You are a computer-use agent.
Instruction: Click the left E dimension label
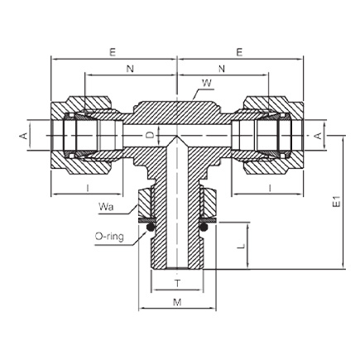pos(113,52)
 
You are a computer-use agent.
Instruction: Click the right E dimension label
pos(239,52)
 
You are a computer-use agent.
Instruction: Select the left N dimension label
pos(130,69)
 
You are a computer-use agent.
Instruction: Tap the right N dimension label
pos(222,69)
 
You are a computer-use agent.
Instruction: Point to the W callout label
pos(208,83)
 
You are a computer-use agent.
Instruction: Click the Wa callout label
pos(106,207)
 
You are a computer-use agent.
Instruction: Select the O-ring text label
pos(109,237)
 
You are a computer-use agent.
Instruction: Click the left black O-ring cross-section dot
pos(150,228)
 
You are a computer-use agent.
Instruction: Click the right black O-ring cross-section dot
pos(204,228)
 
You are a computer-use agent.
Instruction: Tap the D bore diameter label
pos(149,135)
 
